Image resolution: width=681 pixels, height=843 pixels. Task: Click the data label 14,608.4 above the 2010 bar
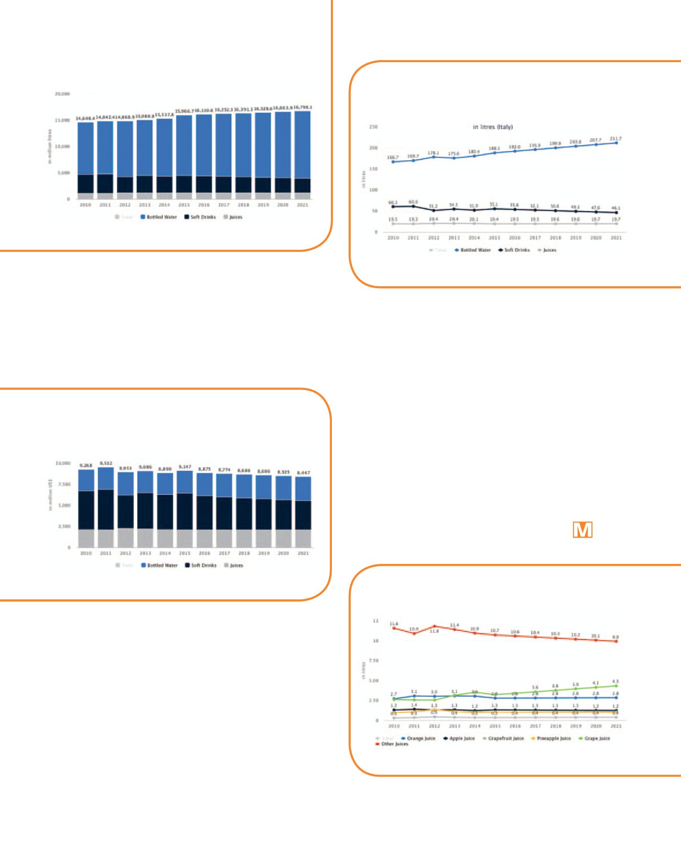(x=85, y=118)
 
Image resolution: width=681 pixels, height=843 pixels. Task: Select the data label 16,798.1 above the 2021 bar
(x=302, y=108)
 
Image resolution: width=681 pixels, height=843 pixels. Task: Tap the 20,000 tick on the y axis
(x=62, y=94)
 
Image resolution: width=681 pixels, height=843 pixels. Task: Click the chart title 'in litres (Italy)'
(x=493, y=127)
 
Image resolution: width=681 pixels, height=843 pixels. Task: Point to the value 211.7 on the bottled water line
(x=615, y=139)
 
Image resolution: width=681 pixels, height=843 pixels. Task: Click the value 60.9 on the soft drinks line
(x=414, y=202)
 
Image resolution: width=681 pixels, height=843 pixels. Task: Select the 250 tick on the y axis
(x=373, y=127)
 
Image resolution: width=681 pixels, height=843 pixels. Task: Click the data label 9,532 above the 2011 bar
(x=106, y=463)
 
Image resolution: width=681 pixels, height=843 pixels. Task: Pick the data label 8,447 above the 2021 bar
(x=303, y=473)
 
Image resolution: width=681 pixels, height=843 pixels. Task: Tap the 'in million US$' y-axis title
(x=50, y=492)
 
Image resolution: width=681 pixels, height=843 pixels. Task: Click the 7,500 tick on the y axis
(x=63, y=485)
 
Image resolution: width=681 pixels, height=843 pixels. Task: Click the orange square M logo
(x=582, y=530)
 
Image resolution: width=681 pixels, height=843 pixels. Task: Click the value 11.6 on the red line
(x=394, y=624)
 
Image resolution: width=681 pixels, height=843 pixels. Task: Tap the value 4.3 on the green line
(x=615, y=681)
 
